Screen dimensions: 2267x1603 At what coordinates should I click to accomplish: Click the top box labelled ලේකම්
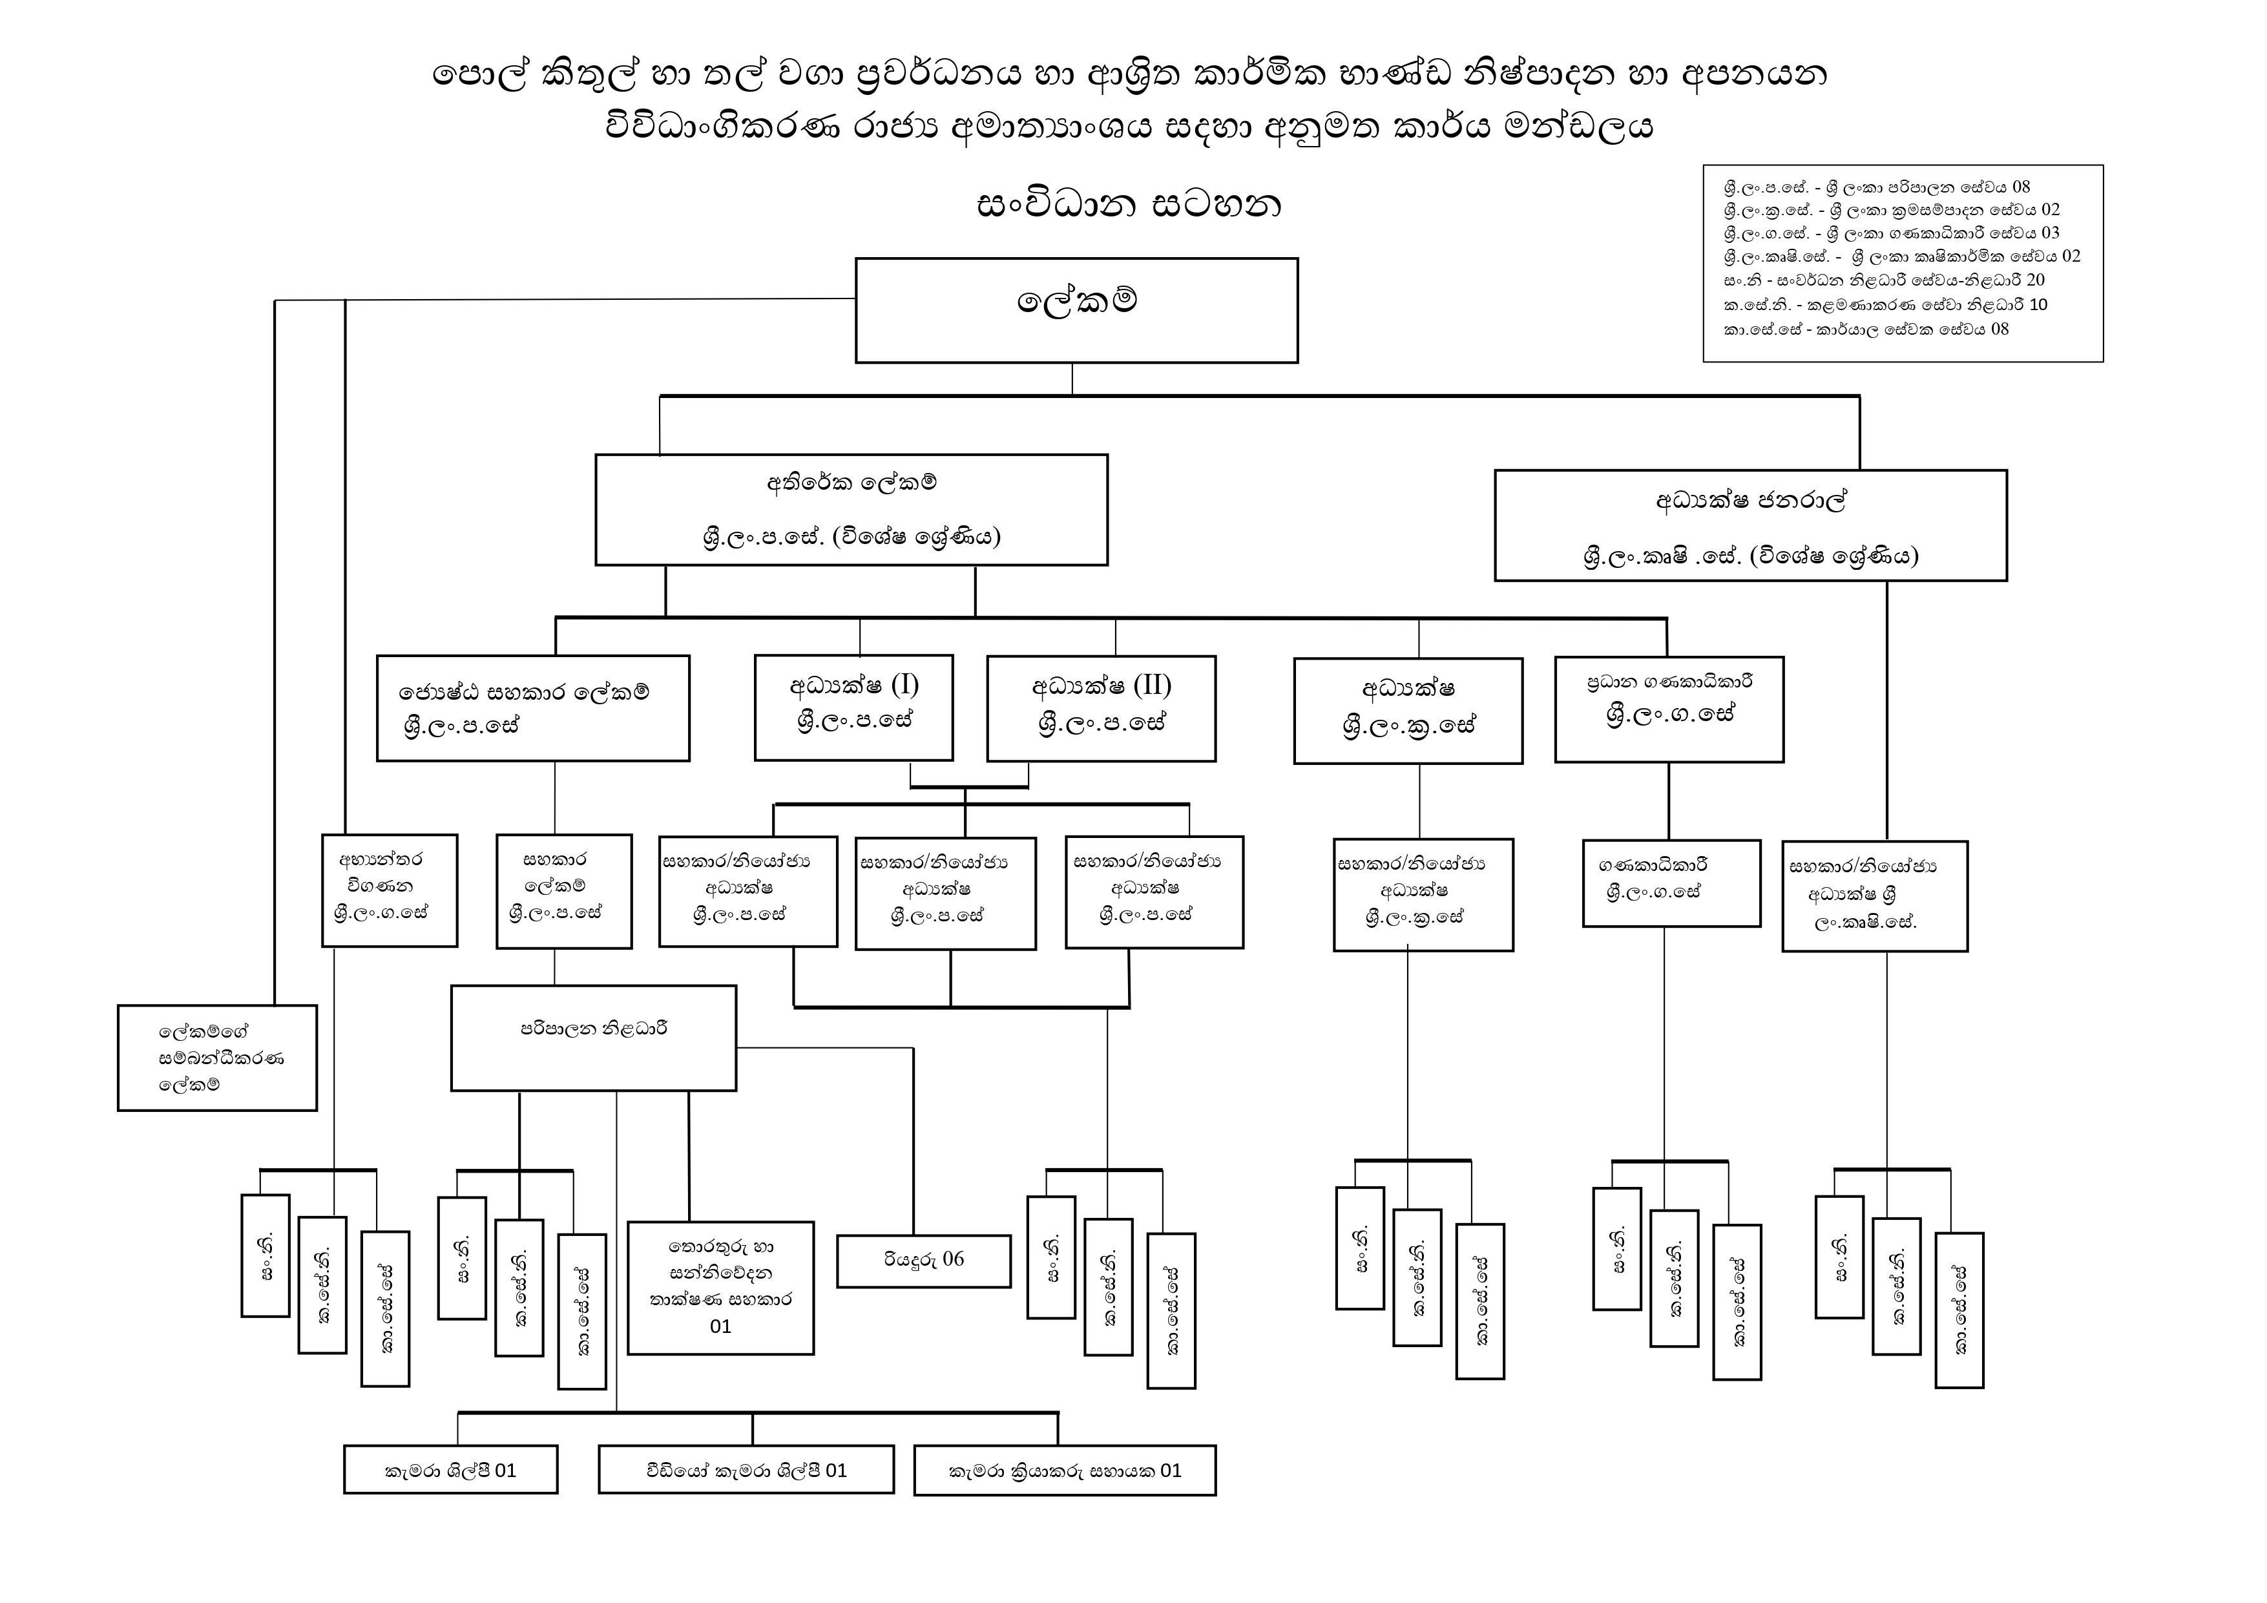[x=1076, y=310]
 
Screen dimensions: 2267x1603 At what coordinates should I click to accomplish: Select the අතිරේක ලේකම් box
[x=851, y=510]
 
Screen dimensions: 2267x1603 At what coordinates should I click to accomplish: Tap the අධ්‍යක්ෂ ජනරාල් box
[x=1751, y=525]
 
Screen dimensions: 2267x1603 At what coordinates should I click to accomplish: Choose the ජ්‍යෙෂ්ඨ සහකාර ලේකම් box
[x=533, y=708]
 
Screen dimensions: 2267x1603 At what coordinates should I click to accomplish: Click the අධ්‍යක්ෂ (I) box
[x=854, y=707]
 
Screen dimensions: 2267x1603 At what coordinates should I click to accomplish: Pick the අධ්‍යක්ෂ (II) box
[x=1101, y=708]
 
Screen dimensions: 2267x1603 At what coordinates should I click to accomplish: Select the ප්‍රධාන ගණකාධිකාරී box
[x=1669, y=709]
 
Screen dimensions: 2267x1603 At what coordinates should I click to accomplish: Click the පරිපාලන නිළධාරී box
[x=594, y=1038]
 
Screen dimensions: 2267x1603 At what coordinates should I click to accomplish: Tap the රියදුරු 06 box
[x=924, y=1261]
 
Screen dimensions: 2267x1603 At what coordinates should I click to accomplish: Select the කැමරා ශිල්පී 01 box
[x=450, y=1470]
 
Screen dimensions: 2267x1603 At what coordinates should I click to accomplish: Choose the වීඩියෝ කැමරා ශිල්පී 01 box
[x=746, y=1470]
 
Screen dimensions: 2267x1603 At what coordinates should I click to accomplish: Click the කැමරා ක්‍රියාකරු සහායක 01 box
[x=1065, y=1471]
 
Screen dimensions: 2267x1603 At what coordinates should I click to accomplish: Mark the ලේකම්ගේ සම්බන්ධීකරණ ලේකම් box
[x=217, y=1058]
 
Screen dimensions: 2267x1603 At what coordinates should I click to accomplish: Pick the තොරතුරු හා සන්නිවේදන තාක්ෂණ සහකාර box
[x=721, y=1287]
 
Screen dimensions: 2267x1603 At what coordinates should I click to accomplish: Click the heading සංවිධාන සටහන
[x=1129, y=204]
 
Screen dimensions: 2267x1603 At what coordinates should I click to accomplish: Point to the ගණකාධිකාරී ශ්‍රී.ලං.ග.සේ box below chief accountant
[x=1671, y=883]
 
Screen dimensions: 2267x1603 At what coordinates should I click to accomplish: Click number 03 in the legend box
[x=2050, y=233]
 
